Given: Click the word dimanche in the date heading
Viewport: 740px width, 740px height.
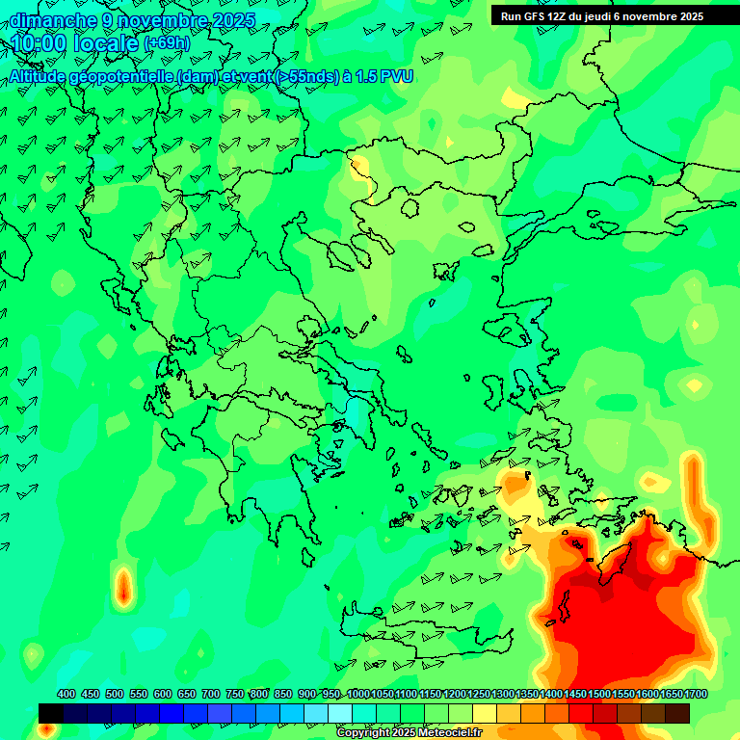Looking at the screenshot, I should click(x=53, y=20).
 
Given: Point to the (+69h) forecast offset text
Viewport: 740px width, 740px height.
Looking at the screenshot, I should click(x=167, y=44).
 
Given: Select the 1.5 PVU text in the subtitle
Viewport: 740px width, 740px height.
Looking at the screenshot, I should click(x=384, y=76).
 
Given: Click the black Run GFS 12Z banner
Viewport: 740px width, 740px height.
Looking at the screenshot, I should click(x=615, y=16).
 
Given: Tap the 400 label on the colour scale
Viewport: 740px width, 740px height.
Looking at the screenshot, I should click(x=66, y=695).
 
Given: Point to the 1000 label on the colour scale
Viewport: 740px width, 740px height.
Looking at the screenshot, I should click(x=358, y=695).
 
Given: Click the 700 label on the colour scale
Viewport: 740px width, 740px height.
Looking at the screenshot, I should click(x=211, y=695).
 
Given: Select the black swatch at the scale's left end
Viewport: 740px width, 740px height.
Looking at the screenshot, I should click(x=51, y=713).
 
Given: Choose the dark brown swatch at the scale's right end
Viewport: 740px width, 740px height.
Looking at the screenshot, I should click(x=677, y=713).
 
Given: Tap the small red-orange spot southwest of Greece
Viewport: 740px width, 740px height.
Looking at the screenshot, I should click(x=123, y=586).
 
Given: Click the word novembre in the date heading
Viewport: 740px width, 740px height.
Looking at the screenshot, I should click(x=166, y=20).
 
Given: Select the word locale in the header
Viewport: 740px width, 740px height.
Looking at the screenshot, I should click(x=101, y=44).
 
